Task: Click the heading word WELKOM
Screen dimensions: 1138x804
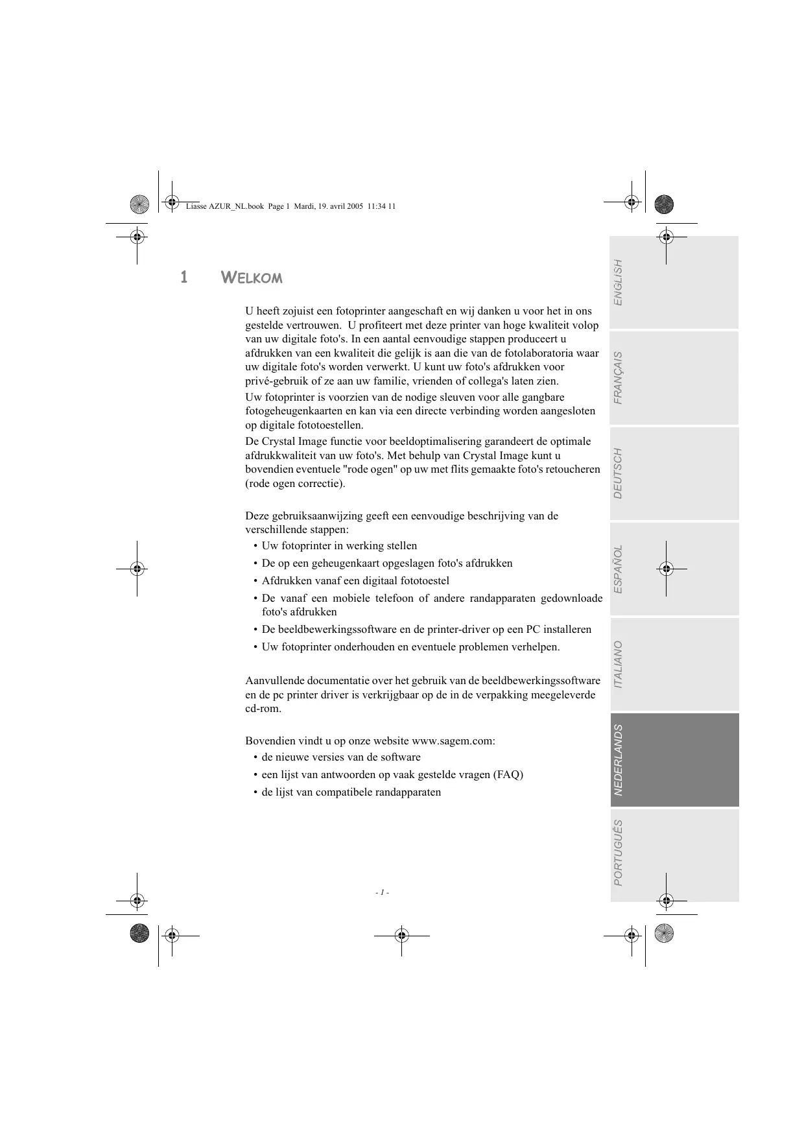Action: point(252,278)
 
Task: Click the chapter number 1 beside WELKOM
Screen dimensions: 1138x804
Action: point(184,278)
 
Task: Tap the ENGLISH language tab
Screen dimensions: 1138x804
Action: point(674,283)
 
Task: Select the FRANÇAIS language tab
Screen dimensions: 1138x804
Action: point(674,378)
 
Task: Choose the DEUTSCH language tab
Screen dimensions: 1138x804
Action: point(674,473)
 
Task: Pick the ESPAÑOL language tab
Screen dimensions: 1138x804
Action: point(674,569)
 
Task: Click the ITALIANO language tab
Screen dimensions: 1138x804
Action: point(674,665)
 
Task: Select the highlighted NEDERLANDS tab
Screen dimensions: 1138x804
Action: point(674,760)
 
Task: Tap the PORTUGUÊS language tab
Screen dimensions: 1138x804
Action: point(674,854)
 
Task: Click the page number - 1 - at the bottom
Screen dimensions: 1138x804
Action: point(382,893)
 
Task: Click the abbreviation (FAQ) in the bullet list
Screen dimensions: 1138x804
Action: point(508,775)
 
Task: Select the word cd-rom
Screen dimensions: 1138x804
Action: point(263,709)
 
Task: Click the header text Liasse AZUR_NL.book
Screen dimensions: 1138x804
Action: point(224,206)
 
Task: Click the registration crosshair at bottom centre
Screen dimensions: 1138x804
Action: point(401,935)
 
